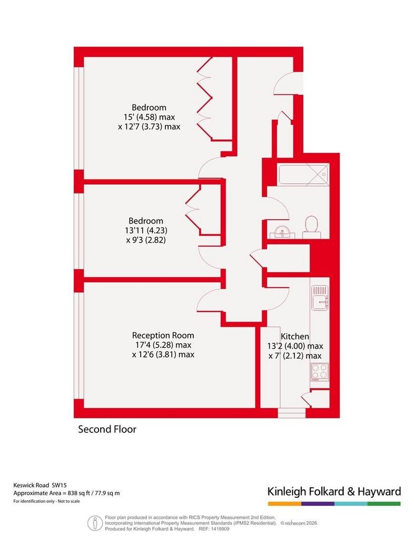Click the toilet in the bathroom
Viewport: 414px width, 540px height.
pyautogui.click(x=311, y=227)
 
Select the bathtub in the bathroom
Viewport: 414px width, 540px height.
pyautogui.click(x=303, y=174)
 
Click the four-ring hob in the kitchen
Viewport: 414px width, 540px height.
pyautogui.click(x=319, y=372)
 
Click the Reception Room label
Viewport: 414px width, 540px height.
pyautogui.click(x=163, y=335)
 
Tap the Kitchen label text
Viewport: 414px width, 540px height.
pyautogui.click(x=294, y=336)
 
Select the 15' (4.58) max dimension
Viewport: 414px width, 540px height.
pyautogui.click(x=149, y=117)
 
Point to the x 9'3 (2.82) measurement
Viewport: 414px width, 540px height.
pyautogui.click(x=146, y=240)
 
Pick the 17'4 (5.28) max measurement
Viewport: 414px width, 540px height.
pyautogui.click(x=162, y=345)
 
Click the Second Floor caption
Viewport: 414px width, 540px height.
pyautogui.click(x=107, y=429)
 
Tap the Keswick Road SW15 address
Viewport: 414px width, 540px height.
pyautogui.click(x=40, y=485)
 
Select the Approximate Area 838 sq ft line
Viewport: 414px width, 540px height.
pyautogui.click(x=66, y=493)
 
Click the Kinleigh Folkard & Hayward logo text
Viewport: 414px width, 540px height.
pyautogui.click(x=334, y=491)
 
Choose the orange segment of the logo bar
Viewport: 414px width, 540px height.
pyautogui.click(x=285, y=504)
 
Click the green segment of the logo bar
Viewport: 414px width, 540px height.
pyautogui.click(x=384, y=504)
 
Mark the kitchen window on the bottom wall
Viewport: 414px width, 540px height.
pyautogui.click(x=292, y=413)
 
